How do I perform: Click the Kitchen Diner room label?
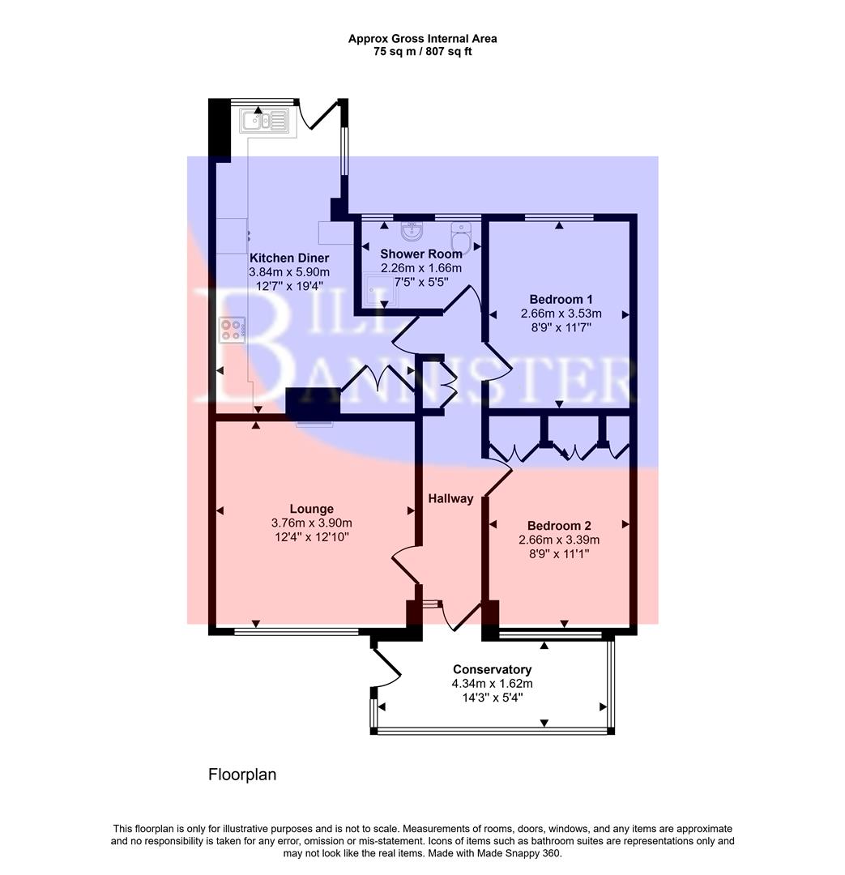[289, 258]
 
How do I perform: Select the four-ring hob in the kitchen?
[232, 331]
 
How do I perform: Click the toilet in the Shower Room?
[461, 235]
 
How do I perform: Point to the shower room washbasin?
[413, 231]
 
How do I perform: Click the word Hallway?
[450, 499]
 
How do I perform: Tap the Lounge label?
[312, 509]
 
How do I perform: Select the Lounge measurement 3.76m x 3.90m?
[312, 523]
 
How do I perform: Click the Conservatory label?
[492, 669]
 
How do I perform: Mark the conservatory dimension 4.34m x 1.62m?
[492, 684]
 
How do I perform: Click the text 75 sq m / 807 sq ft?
[422, 52]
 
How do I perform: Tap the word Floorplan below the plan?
[242, 775]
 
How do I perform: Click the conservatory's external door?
[386, 667]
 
